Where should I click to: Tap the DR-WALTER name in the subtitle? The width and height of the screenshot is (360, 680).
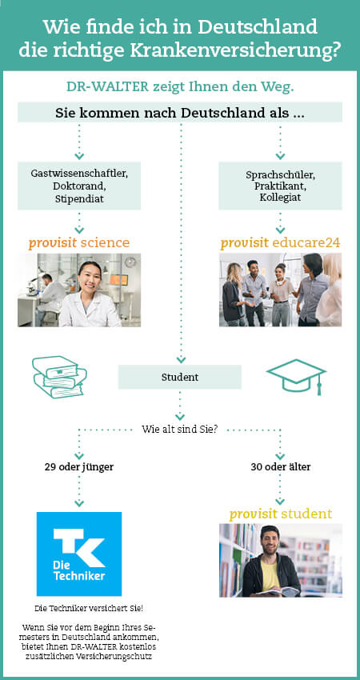click(x=107, y=86)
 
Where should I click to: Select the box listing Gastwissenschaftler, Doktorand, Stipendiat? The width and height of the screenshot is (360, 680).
click(x=79, y=186)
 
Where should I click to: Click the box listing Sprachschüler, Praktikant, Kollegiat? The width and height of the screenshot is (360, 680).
click(x=280, y=186)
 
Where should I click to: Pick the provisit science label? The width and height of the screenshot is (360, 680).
click(x=79, y=243)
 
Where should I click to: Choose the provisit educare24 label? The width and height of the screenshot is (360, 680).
click(x=280, y=243)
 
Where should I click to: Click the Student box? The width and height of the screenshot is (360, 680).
click(x=180, y=377)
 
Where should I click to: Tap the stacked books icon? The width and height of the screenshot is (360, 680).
click(x=60, y=377)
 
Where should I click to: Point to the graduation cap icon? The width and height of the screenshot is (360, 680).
click(x=296, y=375)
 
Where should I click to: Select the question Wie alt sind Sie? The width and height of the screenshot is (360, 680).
click(x=179, y=430)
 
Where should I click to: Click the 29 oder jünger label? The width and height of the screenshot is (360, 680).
click(x=79, y=467)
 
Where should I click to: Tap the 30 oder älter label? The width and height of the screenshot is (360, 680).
click(x=281, y=467)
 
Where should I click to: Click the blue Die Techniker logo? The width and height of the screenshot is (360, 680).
click(x=79, y=554)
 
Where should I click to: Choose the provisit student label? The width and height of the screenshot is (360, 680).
click(x=281, y=514)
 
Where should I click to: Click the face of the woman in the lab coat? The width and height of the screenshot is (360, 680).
click(x=91, y=279)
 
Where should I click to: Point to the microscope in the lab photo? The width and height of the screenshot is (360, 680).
click(x=32, y=286)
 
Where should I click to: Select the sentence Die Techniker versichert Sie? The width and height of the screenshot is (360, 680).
click(x=89, y=609)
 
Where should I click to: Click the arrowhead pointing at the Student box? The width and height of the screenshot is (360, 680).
click(x=181, y=360)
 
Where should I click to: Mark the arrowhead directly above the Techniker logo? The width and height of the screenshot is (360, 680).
click(x=79, y=504)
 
